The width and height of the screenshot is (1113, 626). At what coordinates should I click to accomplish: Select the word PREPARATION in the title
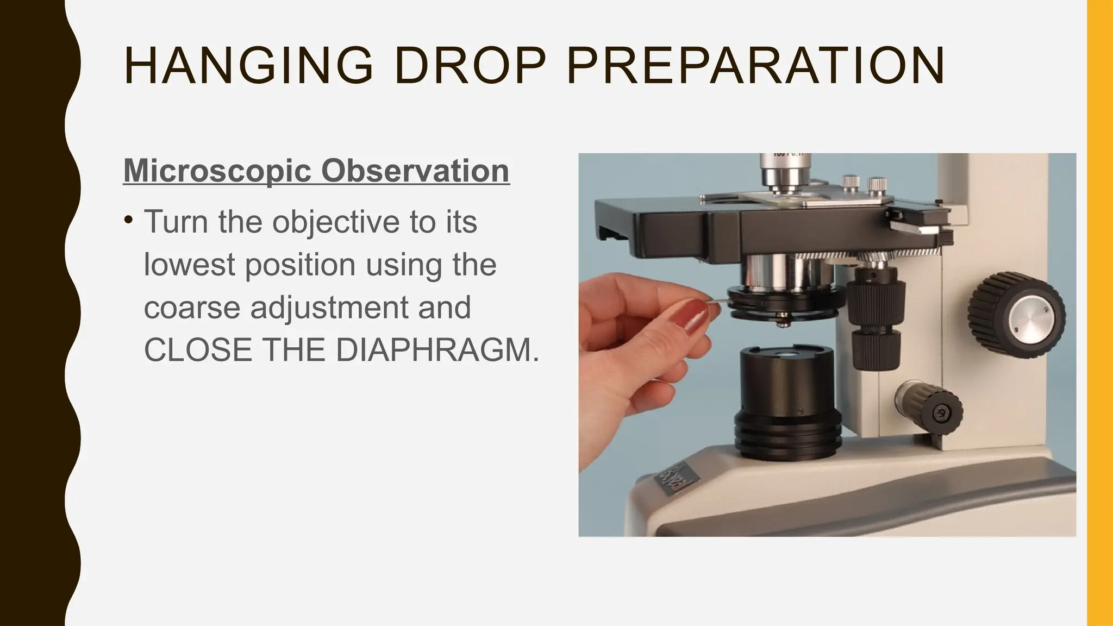(x=755, y=66)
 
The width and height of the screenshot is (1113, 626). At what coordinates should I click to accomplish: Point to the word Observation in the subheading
(x=415, y=171)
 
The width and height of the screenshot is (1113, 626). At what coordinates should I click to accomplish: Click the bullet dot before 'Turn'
(x=128, y=221)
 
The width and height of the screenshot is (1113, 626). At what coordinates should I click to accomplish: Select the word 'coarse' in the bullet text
(x=192, y=308)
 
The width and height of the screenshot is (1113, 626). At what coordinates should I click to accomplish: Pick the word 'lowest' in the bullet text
(x=189, y=265)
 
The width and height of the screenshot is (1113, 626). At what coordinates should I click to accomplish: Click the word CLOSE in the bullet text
(x=198, y=350)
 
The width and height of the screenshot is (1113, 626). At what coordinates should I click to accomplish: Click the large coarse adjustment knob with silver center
(x=1016, y=315)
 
